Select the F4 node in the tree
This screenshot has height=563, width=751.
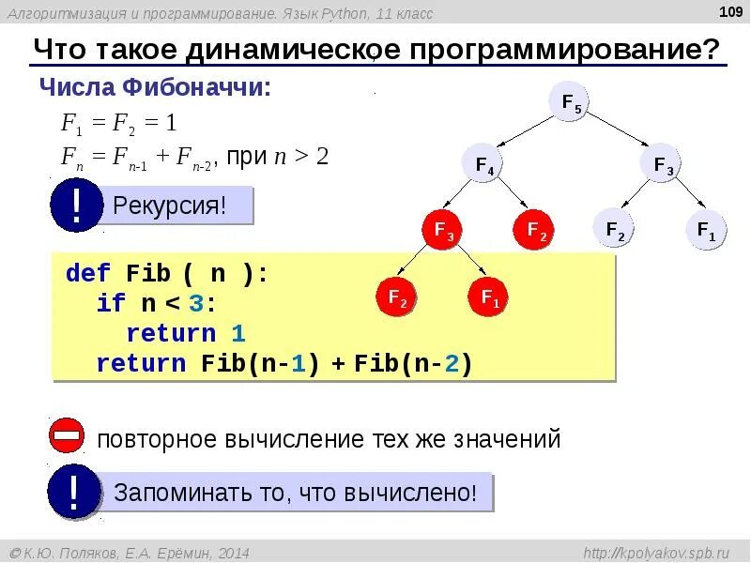[484, 166]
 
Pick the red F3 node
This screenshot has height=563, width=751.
[442, 231]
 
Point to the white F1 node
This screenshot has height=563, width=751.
[706, 230]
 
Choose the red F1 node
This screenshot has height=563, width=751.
[489, 297]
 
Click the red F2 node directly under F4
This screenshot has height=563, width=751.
[534, 231]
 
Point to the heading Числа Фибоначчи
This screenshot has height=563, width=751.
[155, 88]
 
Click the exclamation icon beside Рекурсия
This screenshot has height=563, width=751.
[75, 204]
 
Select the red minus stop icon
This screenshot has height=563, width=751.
[68, 437]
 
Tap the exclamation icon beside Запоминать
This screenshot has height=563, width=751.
[74, 491]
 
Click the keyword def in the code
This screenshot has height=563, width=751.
[88, 274]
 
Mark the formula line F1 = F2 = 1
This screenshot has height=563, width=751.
[119, 123]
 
